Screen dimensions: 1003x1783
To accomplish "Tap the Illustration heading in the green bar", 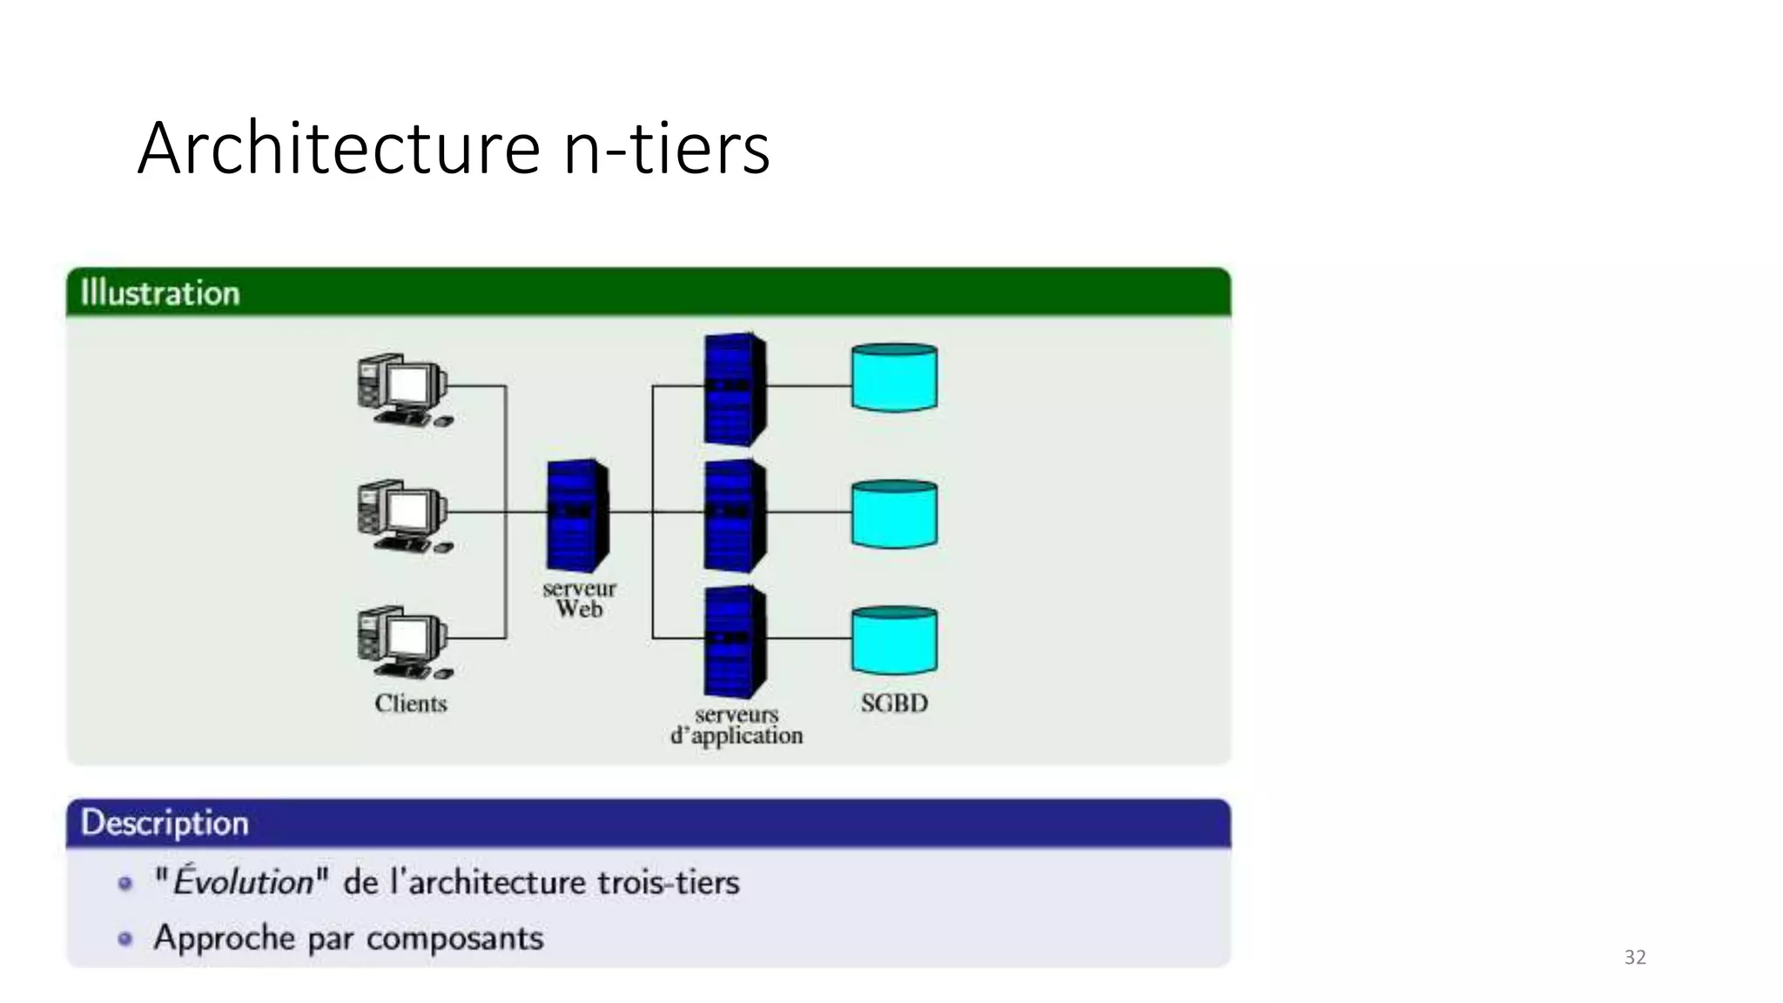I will [x=159, y=293].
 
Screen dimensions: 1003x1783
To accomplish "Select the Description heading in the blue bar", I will [x=165, y=823].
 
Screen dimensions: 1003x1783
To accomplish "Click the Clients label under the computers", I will [x=410, y=703].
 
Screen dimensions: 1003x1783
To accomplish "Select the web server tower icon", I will [x=577, y=515].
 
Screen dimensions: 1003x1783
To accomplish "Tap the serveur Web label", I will [x=579, y=599].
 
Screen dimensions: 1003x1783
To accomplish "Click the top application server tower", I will [x=735, y=389].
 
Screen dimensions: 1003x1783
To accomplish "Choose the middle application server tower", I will [x=735, y=515].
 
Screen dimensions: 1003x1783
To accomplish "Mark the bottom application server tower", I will [x=735, y=642].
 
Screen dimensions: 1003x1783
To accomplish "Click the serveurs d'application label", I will [x=737, y=725].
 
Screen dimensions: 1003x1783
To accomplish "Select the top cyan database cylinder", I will [x=894, y=378].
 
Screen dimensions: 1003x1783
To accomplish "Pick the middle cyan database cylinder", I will [x=894, y=514].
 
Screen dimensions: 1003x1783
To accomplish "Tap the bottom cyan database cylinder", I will [x=894, y=641].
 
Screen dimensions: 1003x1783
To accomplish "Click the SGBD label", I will [x=894, y=703].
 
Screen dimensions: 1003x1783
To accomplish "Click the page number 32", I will [x=1635, y=958].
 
